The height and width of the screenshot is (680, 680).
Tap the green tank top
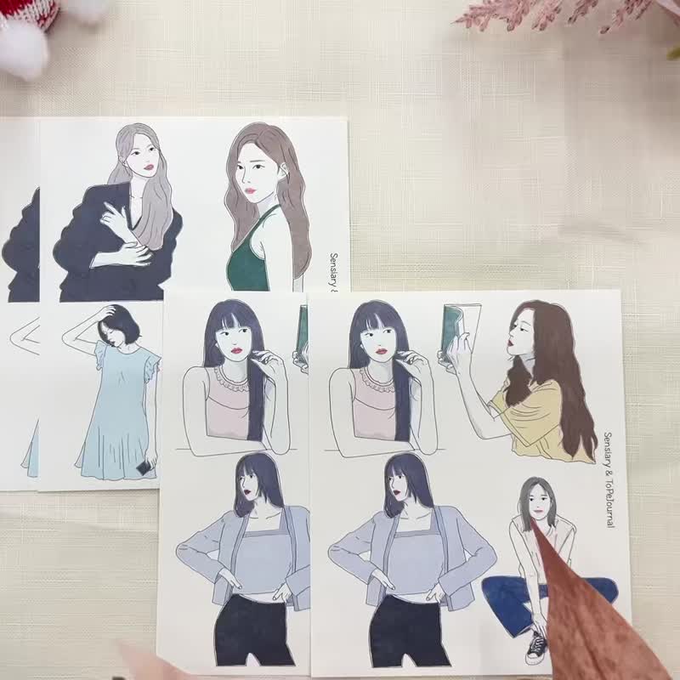[246, 264]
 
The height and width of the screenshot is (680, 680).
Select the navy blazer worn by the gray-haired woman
[93, 246]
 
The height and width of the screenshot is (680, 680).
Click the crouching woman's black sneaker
[536, 648]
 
